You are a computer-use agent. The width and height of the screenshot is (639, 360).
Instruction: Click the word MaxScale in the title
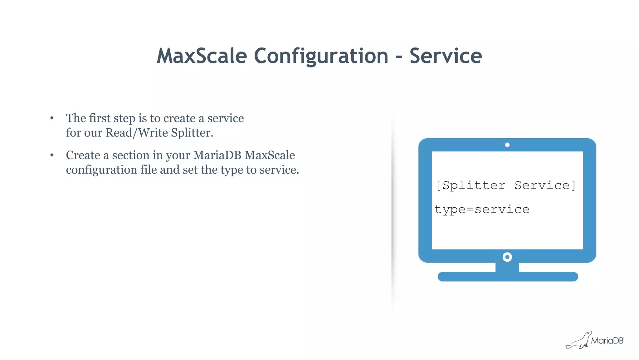202,56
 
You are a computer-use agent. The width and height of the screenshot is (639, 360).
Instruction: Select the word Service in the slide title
446,56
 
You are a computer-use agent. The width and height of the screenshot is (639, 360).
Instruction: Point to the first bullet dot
52,118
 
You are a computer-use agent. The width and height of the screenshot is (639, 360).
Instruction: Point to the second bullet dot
52,155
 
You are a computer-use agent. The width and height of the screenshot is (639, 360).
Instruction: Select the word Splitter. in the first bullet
192,133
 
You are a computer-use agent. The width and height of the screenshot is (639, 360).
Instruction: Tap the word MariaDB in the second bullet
217,155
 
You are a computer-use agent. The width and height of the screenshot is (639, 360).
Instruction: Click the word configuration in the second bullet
101,170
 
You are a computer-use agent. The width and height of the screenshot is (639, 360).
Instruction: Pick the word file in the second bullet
149,170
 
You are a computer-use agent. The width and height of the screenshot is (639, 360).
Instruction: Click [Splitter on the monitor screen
471,185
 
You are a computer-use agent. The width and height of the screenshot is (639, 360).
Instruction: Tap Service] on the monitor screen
545,185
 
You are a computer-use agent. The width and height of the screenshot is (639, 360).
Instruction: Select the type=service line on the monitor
482,210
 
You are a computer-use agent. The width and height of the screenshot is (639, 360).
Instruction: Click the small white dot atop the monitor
507,145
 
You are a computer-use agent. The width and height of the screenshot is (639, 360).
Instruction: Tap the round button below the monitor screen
507,257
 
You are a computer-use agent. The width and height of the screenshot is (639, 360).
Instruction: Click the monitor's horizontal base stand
508,277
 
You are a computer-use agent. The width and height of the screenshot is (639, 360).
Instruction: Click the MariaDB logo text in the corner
607,341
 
